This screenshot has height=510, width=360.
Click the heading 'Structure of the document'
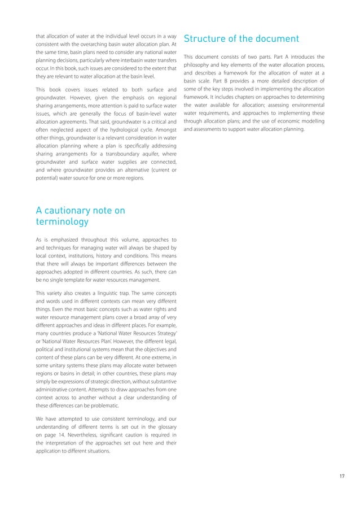[241, 39]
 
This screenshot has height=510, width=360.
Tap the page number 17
[342, 476]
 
